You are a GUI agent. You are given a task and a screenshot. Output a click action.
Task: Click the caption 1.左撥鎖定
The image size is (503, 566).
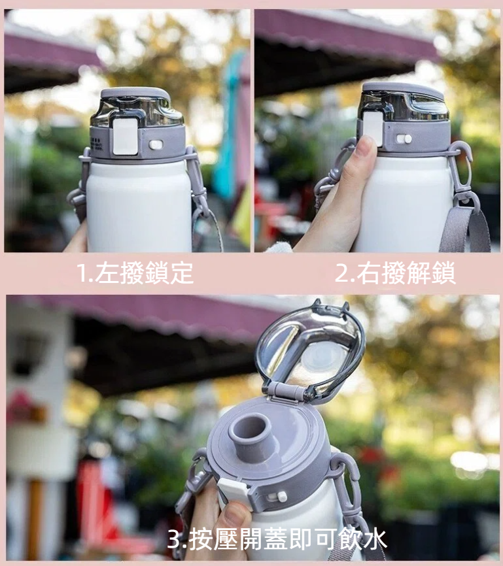[x=135, y=273]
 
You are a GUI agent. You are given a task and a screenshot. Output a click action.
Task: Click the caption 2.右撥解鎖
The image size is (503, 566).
[x=395, y=273]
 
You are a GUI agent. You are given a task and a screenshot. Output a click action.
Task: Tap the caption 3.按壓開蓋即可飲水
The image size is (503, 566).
[x=277, y=540]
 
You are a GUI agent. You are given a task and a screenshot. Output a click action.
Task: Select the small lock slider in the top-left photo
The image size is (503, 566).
[x=156, y=144]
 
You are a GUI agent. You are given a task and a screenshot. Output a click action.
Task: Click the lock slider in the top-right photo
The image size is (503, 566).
[x=404, y=139]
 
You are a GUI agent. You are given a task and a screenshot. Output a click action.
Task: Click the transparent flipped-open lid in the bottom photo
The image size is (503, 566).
[x=310, y=346]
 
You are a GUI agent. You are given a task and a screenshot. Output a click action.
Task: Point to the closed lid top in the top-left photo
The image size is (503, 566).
[x=135, y=93]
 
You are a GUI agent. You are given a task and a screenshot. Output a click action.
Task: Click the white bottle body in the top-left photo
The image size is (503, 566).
[x=139, y=207]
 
